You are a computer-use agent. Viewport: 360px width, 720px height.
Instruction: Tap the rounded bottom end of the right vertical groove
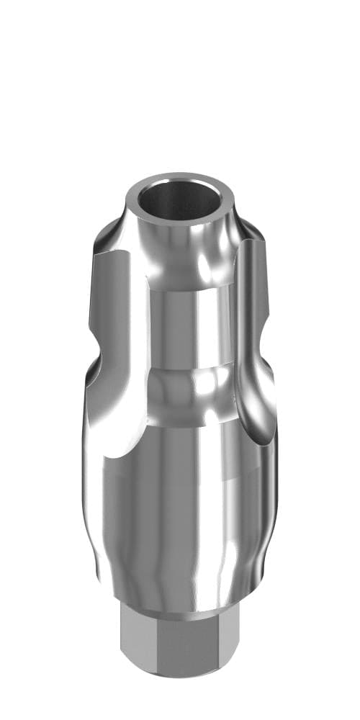(256, 425)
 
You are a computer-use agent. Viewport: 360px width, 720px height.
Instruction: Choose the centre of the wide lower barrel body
(180, 518)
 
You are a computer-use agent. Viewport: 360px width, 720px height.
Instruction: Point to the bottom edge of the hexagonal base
(180, 675)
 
